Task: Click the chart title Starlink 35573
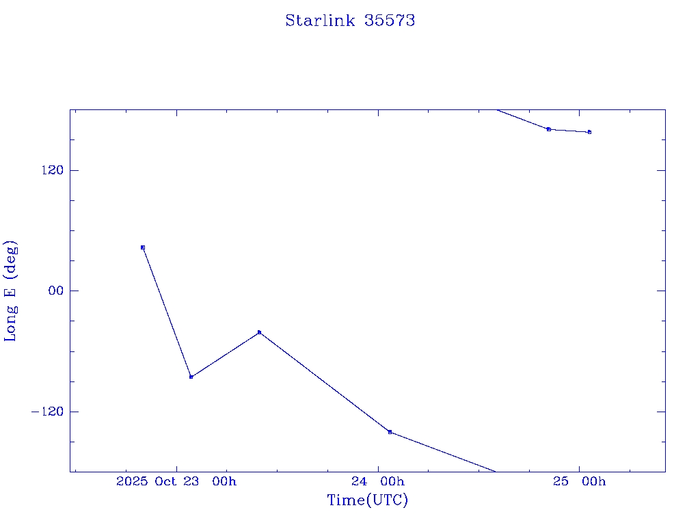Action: (x=350, y=21)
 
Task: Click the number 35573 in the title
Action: (x=390, y=21)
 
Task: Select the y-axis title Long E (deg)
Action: (x=11, y=291)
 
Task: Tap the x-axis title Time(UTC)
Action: (x=368, y=500)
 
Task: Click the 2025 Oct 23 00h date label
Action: (x=176, y=482)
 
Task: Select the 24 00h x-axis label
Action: (x=378, y=482)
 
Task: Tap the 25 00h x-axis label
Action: (x=580, y=482)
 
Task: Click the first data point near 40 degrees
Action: (x=143, y=247)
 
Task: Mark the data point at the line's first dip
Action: (x=191, y=377)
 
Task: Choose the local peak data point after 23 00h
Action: (x=259, y=332)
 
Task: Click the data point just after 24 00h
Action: (x=390, y=432)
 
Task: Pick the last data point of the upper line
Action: (x=589, y=132)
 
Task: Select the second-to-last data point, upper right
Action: (x=548, y=129)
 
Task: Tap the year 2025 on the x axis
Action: (x=133, y=482)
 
